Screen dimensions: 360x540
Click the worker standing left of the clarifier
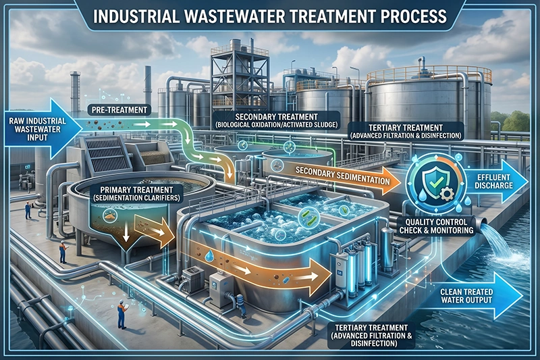(x=63, y=252)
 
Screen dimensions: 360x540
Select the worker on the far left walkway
(x=28, y=210)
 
